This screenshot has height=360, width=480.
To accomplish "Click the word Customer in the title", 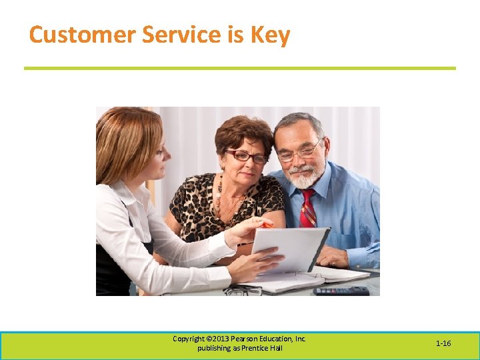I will point(71,35).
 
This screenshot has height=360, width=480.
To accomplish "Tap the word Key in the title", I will point(270,35).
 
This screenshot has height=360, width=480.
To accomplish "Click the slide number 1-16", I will point(443,343).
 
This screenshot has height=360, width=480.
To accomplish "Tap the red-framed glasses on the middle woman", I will point(247,157).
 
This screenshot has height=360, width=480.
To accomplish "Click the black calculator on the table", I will point(341,291).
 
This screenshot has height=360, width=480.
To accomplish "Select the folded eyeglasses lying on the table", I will point(243,291).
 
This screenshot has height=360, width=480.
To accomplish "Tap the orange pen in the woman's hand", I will point(267,225).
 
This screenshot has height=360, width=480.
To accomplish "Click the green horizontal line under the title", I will point(240,68).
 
